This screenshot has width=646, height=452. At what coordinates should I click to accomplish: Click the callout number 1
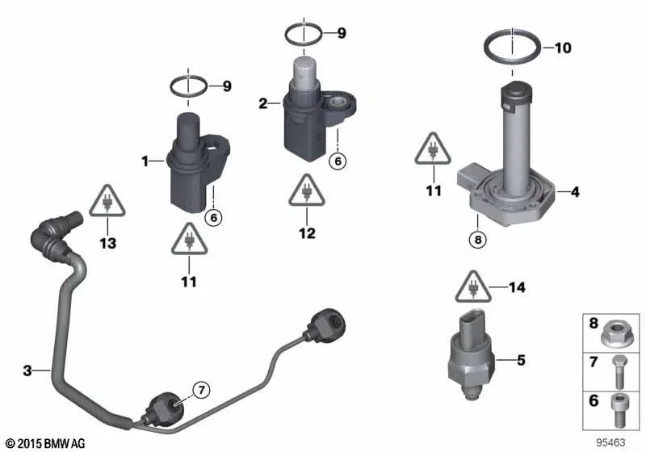tap(145, 161)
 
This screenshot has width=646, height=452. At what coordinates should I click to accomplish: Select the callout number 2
tap(262, 103)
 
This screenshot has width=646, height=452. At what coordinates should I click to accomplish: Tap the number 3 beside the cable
tap(27, 371)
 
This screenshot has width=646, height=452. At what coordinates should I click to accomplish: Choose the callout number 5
tap(521, 361)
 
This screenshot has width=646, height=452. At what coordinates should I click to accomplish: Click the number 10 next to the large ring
tap(562, 48)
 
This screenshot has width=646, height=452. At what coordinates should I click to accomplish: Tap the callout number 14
tap(517, 287)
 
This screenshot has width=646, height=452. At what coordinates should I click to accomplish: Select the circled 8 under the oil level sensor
tap(478, 240)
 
